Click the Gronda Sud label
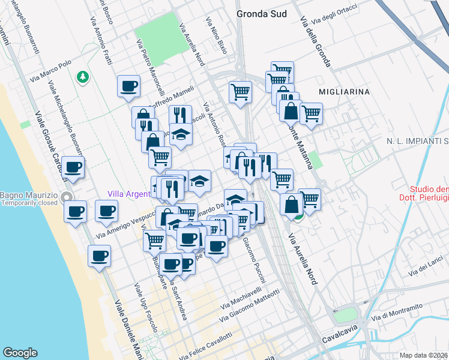[261, 14]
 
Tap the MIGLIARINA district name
[345, 92]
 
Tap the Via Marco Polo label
[53, 70]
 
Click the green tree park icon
[82, 77]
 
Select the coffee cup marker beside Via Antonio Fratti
[128, 86]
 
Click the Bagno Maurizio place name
[29, 196]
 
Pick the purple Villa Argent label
[128, 193]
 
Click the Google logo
[20, 353]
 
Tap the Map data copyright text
[424, 355]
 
